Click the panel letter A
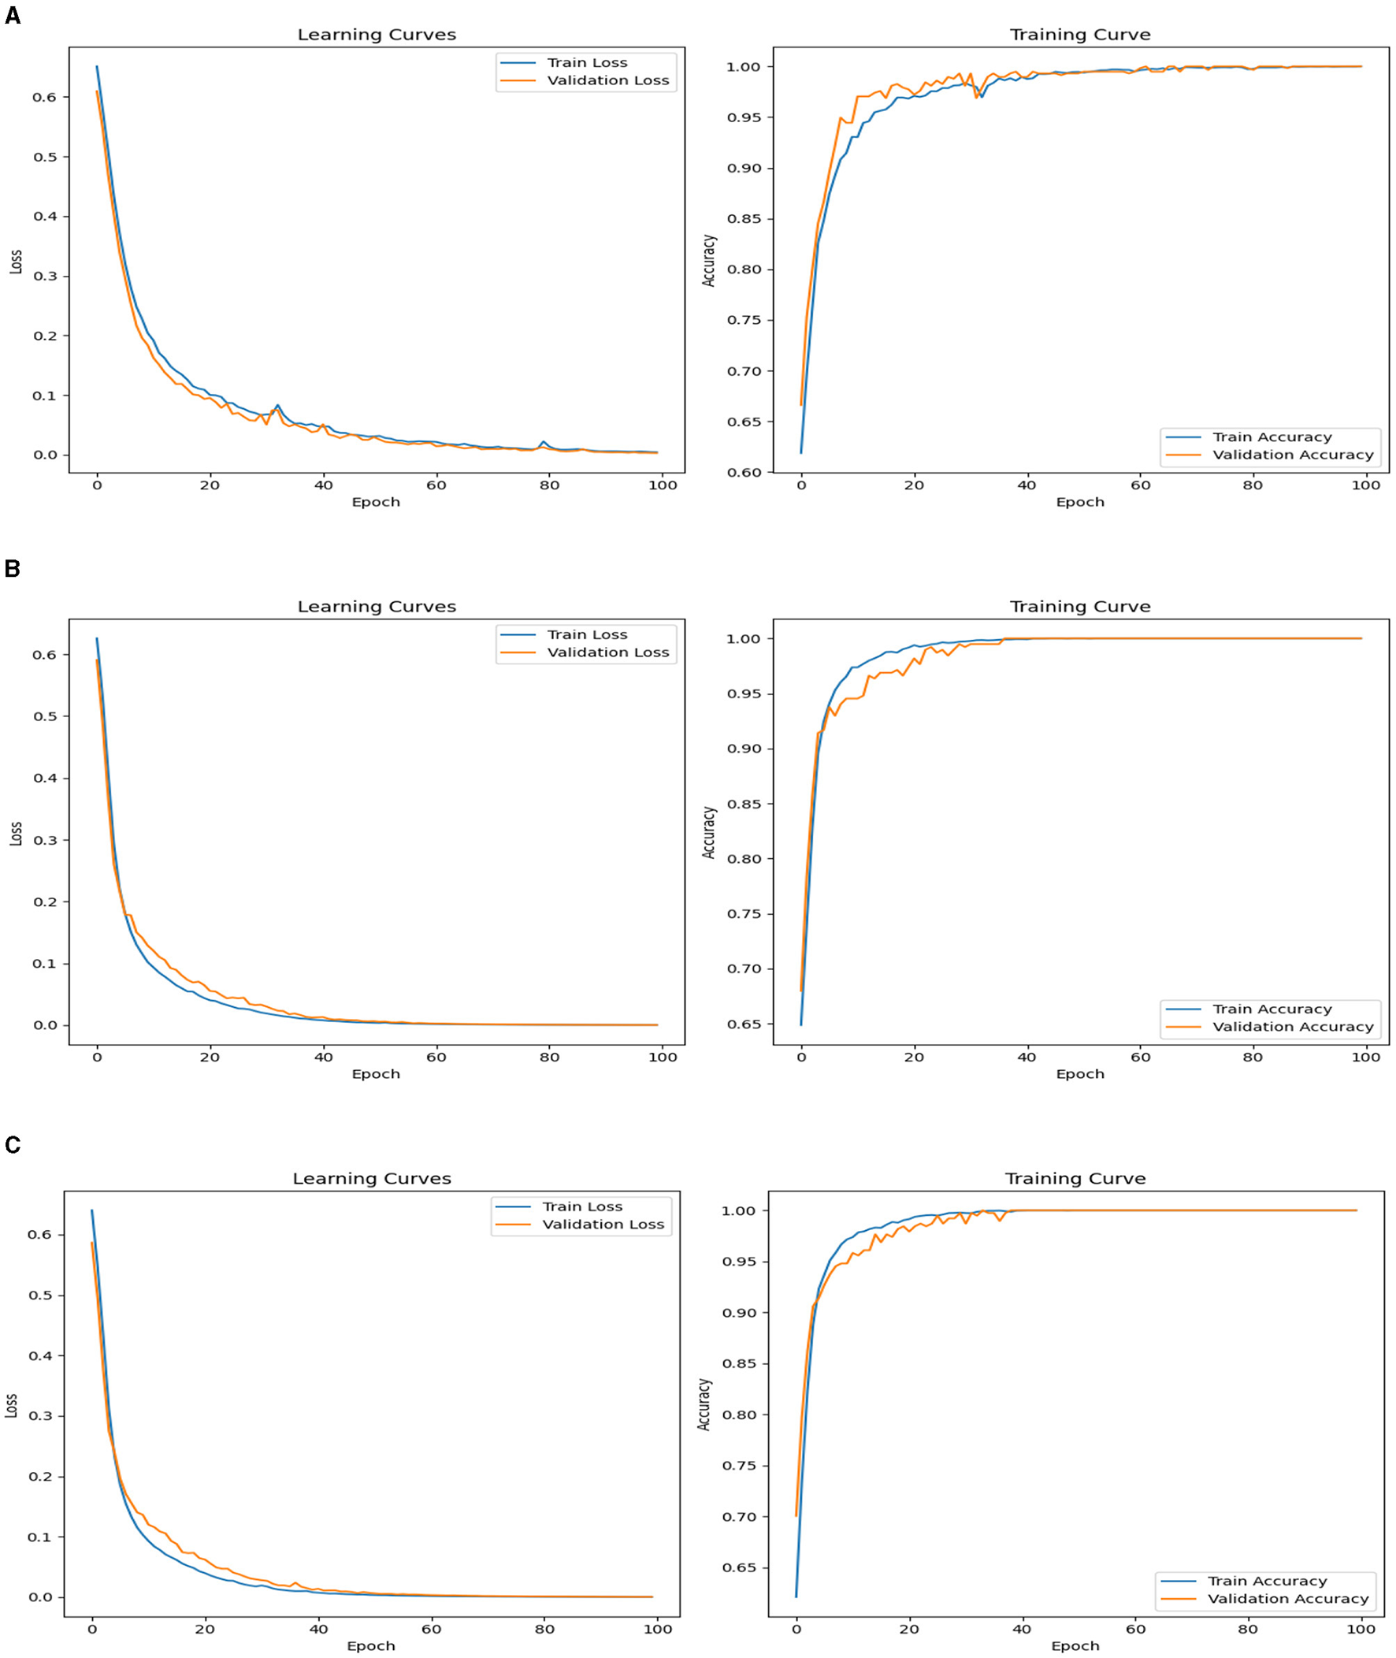[12, 16]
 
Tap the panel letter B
[12, 568]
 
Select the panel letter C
[12, 1145]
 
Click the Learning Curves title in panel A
[377, 35]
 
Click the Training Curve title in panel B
[1079, 607]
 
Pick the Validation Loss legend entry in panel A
[607, 80]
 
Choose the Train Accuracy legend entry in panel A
[1272, 437]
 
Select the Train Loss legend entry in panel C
[581, 1207]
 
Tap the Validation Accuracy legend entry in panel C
[1287, 1593]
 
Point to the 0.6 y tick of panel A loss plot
[45, 97]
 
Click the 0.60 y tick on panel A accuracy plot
[743, 473]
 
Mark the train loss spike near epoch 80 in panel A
[543, 441]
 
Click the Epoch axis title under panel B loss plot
[376, 1074]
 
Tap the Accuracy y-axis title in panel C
[704, 1404]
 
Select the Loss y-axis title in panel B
[15, 835]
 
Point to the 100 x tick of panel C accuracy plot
[1361, 1629]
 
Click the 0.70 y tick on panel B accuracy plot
[743, 968]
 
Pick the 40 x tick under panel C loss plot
[318, 1629]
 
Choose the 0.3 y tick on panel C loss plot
[40, 1416]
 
